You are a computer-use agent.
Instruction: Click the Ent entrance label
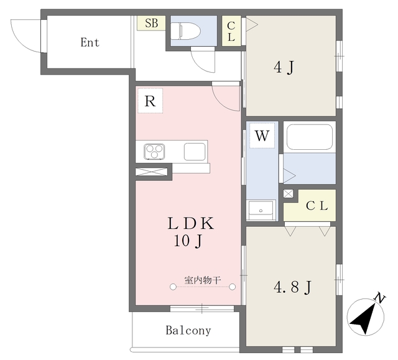pyautogui.click(x=90, y=42)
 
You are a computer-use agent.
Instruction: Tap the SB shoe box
pyautogui.click(x=151, y=23)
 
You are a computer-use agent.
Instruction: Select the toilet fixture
pyautogui.click(x=185, y=31)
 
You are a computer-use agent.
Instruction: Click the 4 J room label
pyautogui.click(x=284, y=68)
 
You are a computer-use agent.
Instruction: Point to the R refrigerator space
pyautogui.click(x=150, y=101)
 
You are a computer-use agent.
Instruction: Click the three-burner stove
pyautogui.click(x=154, y=152)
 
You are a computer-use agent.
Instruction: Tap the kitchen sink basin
pyautogui.click(x=195, y=152)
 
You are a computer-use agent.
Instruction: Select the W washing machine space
pyautogui.click(x=262, y=136)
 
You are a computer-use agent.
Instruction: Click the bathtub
pyautogui.click(x=310, y=137)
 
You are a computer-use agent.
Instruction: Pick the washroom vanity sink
pyautogui.click(x=261, y=210)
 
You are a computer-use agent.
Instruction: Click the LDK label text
pyautogui.click(x=191, y=223)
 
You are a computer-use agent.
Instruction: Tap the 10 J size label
pyautogui.click(x=188, y=241)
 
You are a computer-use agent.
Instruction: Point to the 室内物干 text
pyautogui.click(x=203, y=280)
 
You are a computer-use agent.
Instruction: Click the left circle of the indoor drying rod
pyautogui.click(x=173, y=287)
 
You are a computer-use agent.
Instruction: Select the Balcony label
pyautogui.click(x=188, y=330)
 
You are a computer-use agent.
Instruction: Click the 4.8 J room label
pyautogui.click(x=292, y=287)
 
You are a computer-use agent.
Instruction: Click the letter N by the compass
pyautogui.click(x=380, y=298)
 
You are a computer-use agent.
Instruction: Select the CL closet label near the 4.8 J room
pyautogui.click(x=317, y=206)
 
